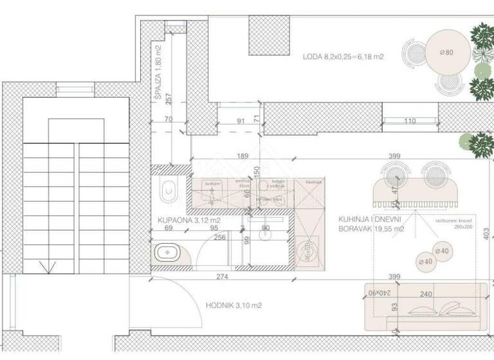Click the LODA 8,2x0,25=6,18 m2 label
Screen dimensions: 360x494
pos(343,57)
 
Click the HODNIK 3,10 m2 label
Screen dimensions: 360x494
pos(234,306)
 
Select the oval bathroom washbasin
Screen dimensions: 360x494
pos(168,253)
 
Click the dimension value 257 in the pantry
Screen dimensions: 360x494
pos(167,99)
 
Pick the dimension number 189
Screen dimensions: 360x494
pos(242,156)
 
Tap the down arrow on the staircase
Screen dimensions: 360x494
pos(44,265)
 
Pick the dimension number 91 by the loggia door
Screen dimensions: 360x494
pos(241,121)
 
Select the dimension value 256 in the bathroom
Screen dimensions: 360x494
pos(220,237)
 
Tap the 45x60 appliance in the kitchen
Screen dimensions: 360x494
pos(309,248)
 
